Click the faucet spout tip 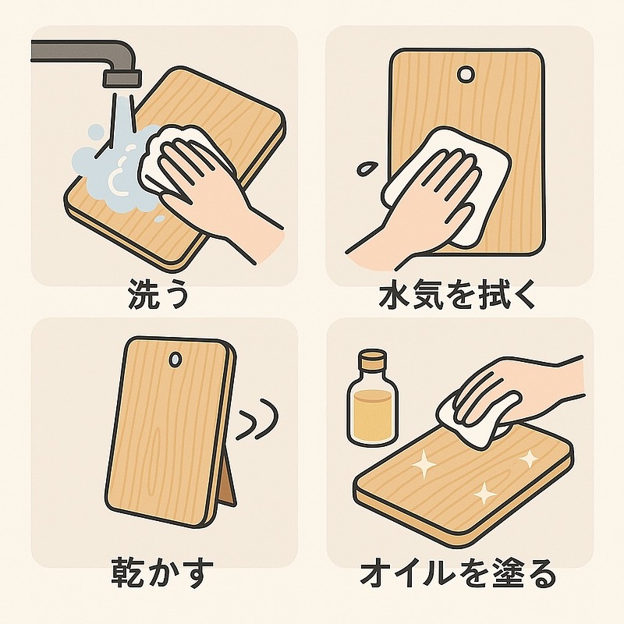click(122, 78)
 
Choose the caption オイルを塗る click(458, 578)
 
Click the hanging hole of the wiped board click(466, 74)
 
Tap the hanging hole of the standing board click(175, 360)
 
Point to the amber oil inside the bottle click(372, 413)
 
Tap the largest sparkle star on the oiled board click(425, 465)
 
